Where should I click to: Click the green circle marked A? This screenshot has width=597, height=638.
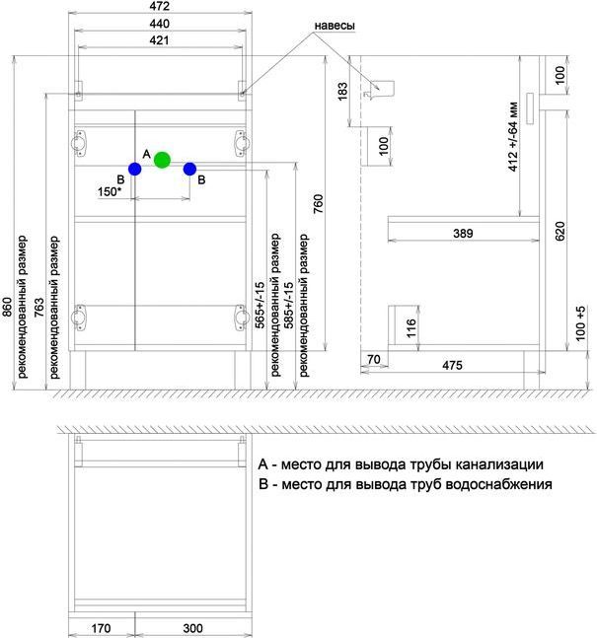(x=162, y=160)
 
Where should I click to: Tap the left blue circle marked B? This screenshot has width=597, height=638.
(x=135, y=169)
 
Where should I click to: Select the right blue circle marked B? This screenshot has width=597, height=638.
(x=189, y=169)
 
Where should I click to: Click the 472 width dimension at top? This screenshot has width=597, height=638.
(x=159, y=6)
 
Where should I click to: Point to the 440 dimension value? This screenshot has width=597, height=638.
(x=159, y=24)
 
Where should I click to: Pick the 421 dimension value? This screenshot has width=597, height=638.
(x=159, y=40)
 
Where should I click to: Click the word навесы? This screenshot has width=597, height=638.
(x=335, y=26)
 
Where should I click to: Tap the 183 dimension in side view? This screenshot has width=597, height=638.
(x=342, y=91)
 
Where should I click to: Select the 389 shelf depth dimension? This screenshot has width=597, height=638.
(x=463, y=233)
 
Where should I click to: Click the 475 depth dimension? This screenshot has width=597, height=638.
(x=452, y=365)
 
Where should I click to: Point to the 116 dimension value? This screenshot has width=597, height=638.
(x=411, y=328)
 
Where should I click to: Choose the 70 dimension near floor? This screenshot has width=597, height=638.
(x=373, y=359)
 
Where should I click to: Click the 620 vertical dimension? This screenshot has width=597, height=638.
(x=560, y=231)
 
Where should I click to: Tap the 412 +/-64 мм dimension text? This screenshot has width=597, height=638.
(x=513, y=137)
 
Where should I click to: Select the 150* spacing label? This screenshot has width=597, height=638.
(x=110, y=191)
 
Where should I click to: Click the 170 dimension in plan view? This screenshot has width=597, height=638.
(x=101, y=628)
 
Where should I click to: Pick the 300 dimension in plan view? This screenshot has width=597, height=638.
(x=193, y=628)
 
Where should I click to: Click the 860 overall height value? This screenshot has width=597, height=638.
(x=7, y=307)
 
